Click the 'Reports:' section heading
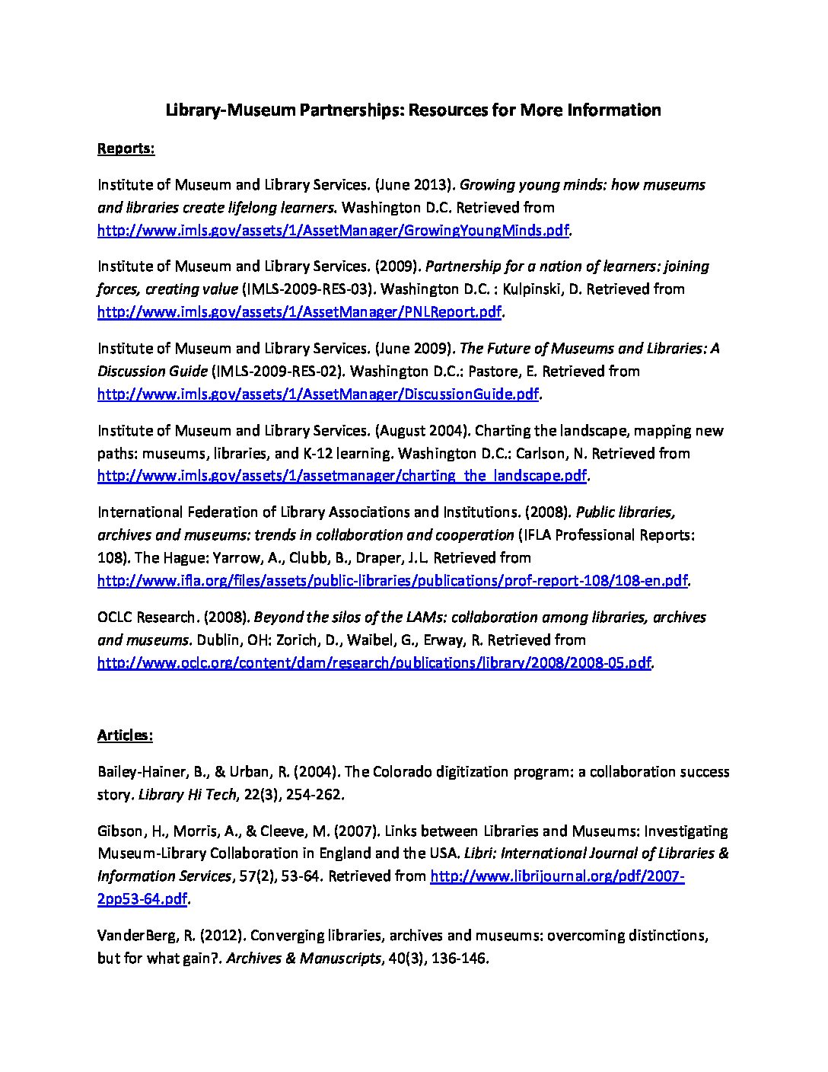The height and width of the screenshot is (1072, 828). click(126, 148)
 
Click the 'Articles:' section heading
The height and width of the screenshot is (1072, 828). click(125, 735)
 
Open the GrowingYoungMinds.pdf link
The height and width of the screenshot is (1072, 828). click(333, 230)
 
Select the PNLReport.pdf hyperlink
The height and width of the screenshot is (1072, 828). click(300, 312)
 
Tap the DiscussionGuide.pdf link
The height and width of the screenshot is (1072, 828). click(318, 394)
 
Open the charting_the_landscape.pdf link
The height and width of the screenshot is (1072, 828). click(342, 476)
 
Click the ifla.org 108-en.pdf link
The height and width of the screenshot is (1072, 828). click(393, 581)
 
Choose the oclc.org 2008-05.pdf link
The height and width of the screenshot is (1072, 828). click(374, 662)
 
